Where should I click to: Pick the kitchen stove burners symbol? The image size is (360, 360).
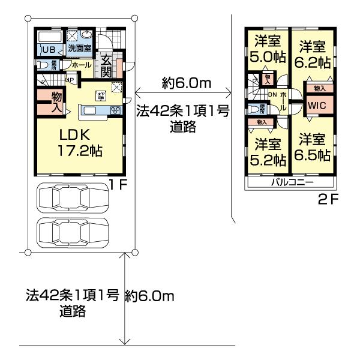tap(115, 110)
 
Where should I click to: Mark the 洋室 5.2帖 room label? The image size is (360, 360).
tap(267, 152)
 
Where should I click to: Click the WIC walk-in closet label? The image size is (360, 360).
tap(316, 106)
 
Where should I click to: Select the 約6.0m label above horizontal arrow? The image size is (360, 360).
tap(186, 83)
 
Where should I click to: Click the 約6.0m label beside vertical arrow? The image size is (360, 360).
tap(149, 295)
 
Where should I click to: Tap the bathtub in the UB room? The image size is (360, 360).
tap(50, 37)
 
